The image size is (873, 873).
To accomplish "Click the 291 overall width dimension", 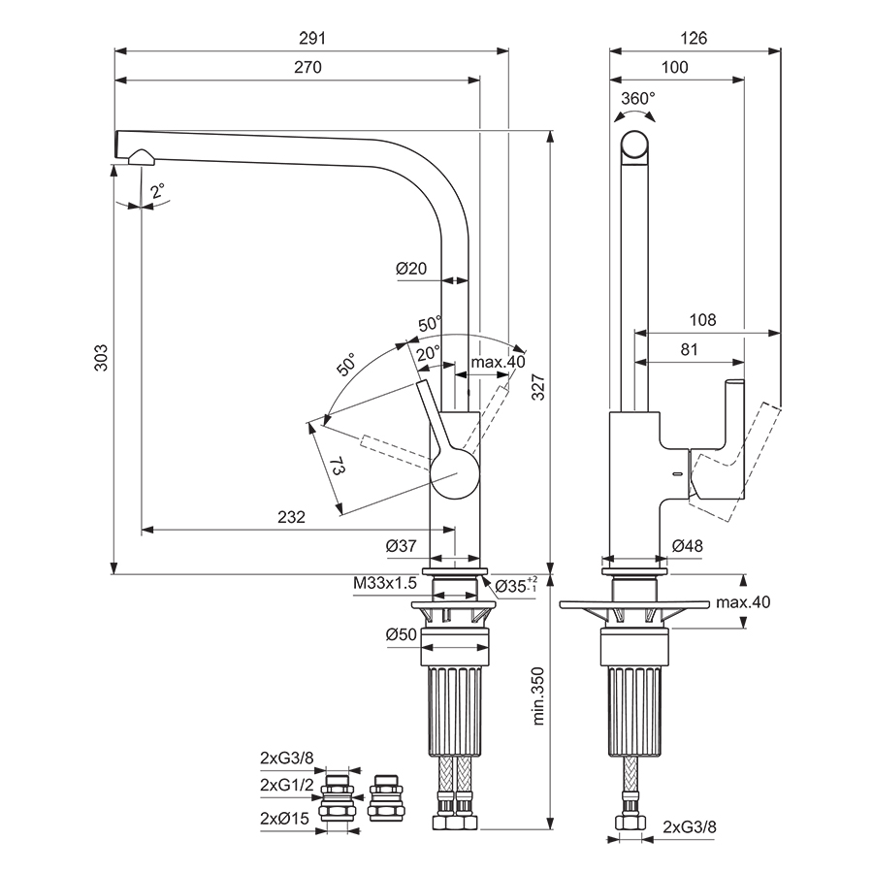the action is (311, 38).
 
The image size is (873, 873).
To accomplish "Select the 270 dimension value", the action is (307, 67).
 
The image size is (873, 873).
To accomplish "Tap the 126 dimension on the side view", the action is (694, 38).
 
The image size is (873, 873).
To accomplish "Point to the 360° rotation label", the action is (638, 99).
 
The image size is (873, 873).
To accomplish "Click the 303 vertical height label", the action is (101, 358).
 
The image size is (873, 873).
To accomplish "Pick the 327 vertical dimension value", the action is (537, 387).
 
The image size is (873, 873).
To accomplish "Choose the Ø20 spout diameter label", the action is (411, 269).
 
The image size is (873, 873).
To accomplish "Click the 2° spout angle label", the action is (157, 191).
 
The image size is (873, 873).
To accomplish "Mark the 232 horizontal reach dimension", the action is (292, 517).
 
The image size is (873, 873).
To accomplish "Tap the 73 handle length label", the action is (338, 466).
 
